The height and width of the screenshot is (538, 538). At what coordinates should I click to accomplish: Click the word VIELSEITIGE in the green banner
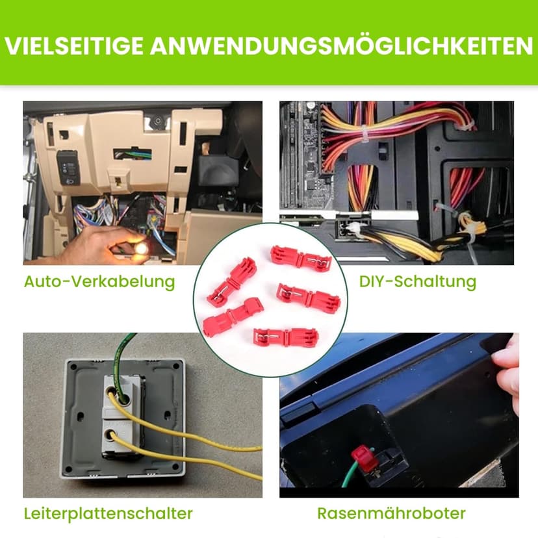point(74,45)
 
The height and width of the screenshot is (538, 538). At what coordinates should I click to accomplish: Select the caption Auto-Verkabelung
point(99,282)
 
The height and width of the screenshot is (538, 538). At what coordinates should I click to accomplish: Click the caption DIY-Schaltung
point(418,282)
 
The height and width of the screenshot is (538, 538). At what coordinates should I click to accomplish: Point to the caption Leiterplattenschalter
point(108,514)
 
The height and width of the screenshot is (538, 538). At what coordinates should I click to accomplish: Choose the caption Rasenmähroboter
point(392,514)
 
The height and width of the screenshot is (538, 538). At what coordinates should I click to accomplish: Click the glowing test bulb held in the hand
point(141,247)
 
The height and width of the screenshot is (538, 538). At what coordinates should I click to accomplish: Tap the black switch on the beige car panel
point(69,168)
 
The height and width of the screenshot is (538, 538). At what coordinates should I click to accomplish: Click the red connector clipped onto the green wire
point(364,458)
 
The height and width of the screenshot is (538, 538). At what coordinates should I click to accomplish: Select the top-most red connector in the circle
point(301,259)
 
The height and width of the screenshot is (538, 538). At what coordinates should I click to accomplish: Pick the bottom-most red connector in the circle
point(286,338)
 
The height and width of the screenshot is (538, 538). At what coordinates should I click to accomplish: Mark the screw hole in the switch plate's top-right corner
point(176,366)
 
